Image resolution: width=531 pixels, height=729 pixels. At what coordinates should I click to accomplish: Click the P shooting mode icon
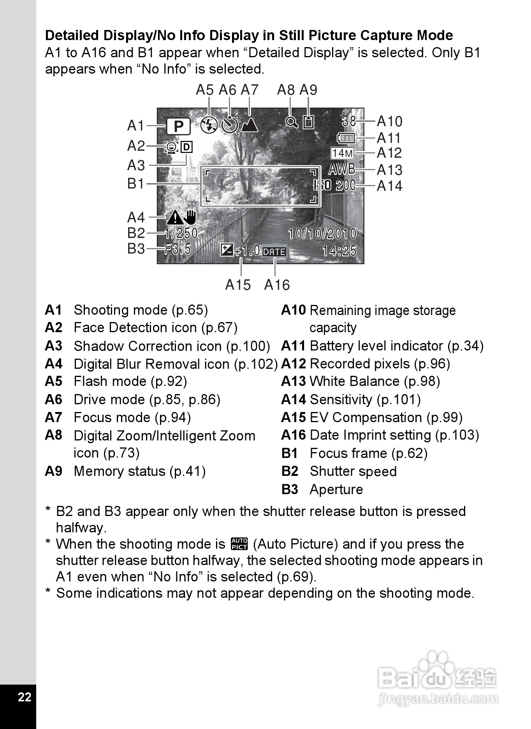(179, 126)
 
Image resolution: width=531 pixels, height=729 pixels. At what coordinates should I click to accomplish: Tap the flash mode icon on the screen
(209, 125)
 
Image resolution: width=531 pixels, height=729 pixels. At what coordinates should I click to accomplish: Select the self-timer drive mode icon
(230, 125)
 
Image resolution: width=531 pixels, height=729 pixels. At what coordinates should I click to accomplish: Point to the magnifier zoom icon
(292, 122)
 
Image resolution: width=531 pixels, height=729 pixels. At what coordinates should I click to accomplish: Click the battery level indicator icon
(346, 138)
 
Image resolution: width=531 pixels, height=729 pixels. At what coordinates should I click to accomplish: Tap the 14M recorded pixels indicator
(342, 153)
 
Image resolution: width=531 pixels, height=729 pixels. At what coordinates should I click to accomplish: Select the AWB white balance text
(342, 169)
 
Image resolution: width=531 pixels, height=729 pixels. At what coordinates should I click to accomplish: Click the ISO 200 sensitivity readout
(335, 185)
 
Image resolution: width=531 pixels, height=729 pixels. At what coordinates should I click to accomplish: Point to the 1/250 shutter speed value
(181, 233)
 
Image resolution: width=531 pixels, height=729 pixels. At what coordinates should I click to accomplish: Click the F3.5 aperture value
(178, 249)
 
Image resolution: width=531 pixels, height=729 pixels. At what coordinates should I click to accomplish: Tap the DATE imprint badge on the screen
(274, 252)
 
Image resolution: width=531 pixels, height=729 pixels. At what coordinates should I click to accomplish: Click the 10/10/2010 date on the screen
(322, 234)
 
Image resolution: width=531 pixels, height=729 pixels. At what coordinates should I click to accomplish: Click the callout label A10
(389, 121)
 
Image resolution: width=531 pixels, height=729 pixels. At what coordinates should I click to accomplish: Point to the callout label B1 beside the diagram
(135, 183)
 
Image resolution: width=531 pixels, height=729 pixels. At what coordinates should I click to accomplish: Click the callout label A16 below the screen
(277, 285)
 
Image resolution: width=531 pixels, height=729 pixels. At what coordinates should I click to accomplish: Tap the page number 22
(24, 697)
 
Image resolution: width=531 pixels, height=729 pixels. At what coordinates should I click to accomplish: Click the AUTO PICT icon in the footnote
(239, 544)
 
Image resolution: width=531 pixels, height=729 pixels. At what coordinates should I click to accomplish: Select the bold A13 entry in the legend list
(294, 381)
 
